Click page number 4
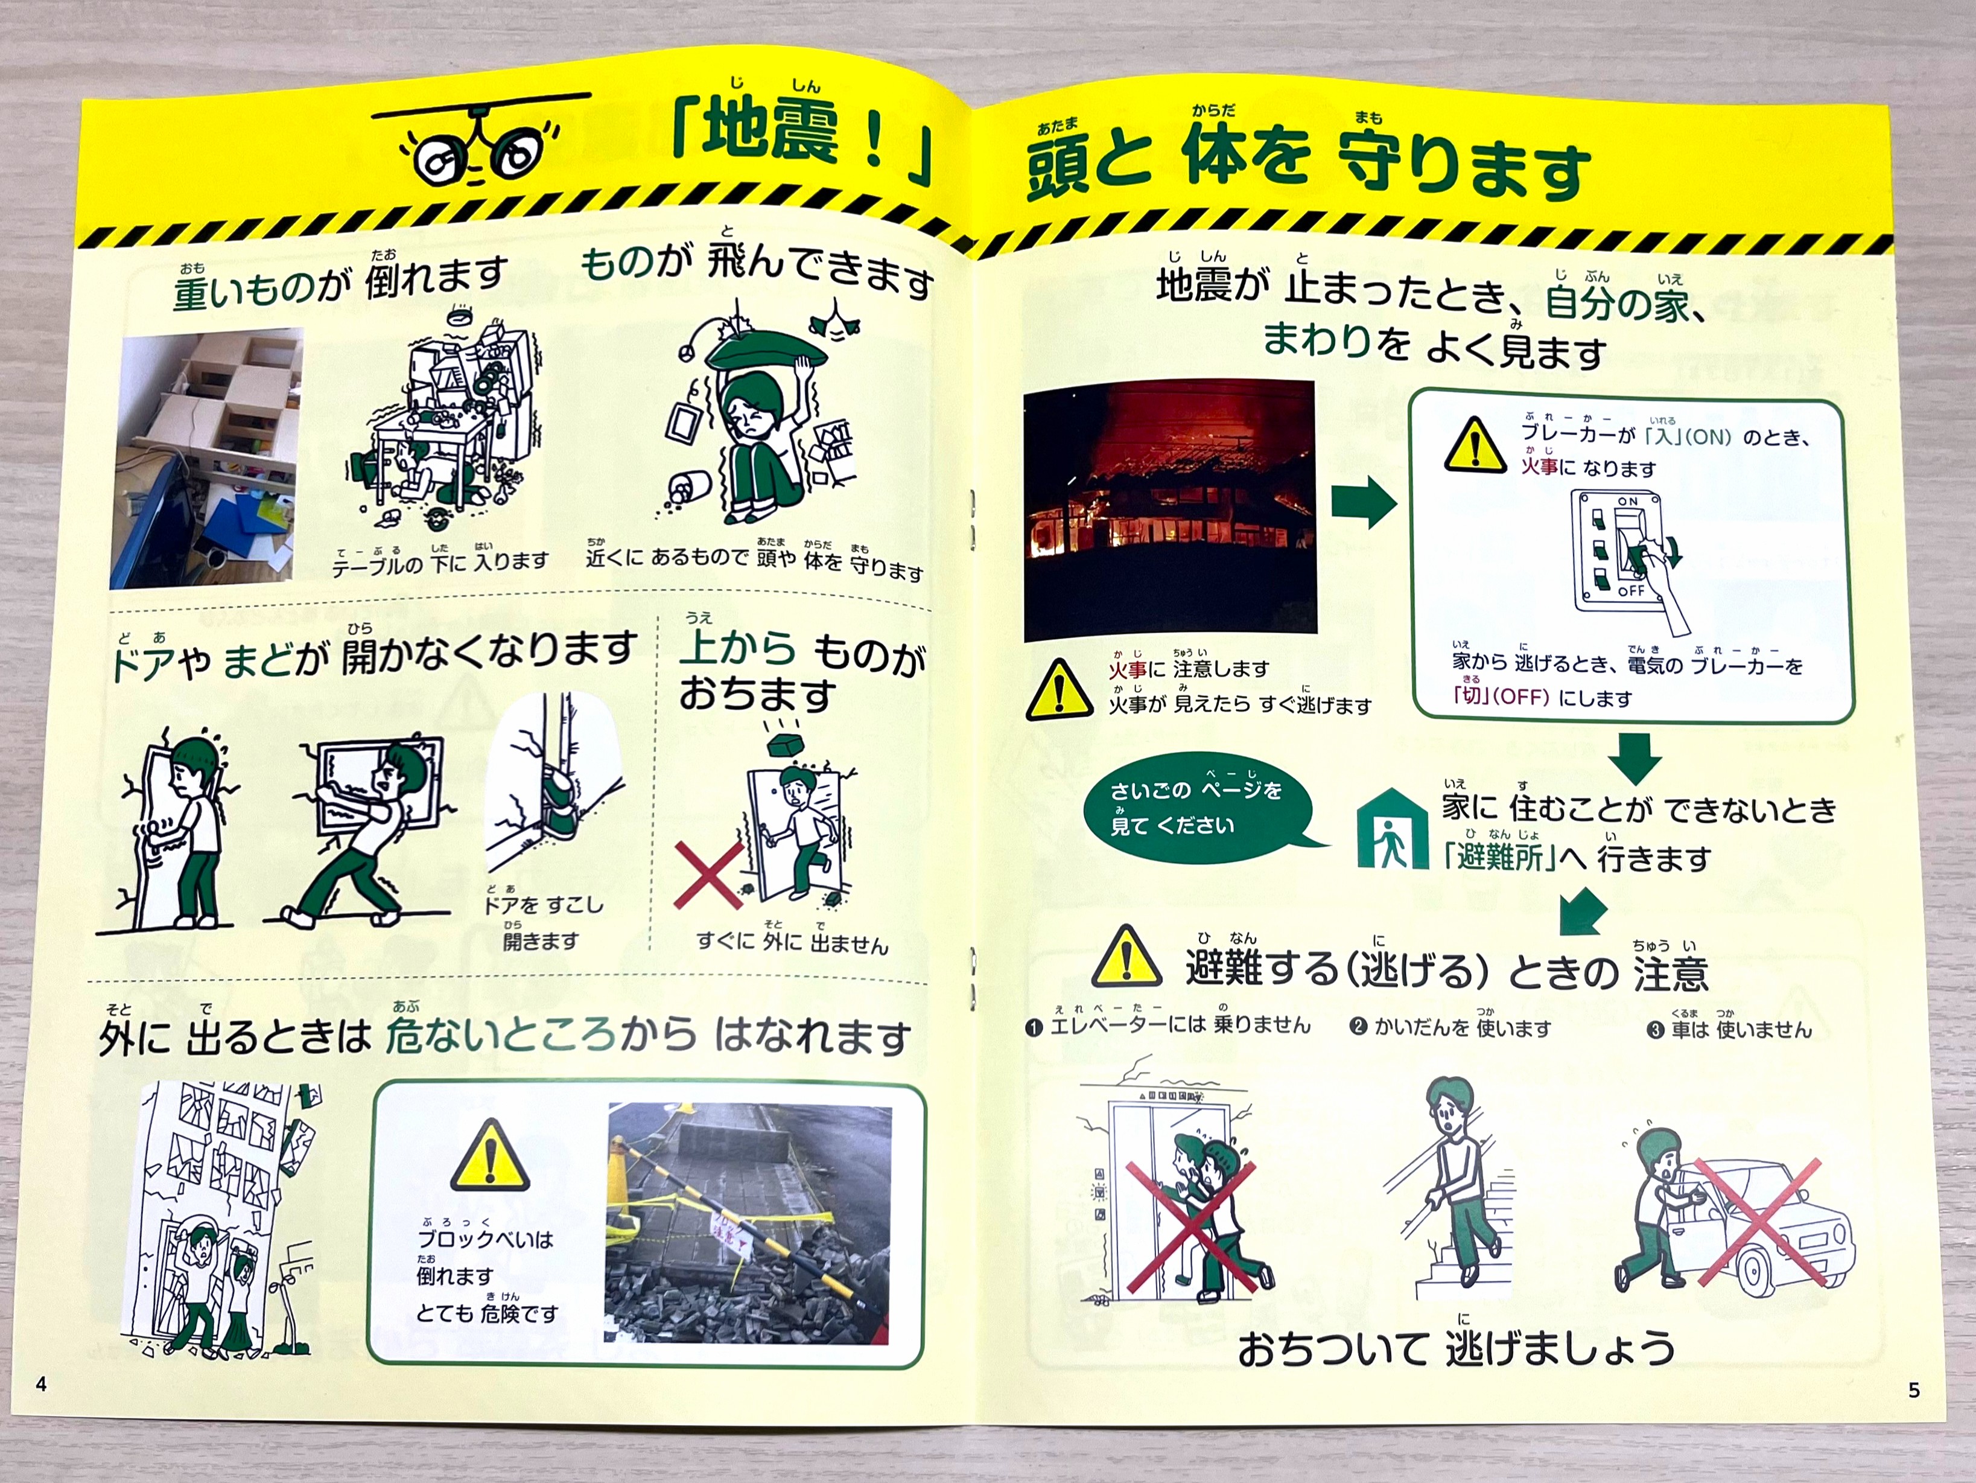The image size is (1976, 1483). pos(41,1384)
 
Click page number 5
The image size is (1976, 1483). pos(1913,1389)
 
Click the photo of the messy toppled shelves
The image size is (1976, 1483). pos(207,458)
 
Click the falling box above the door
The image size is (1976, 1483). pos(788,743)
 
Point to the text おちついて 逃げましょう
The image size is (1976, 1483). pos(1456,1349)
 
